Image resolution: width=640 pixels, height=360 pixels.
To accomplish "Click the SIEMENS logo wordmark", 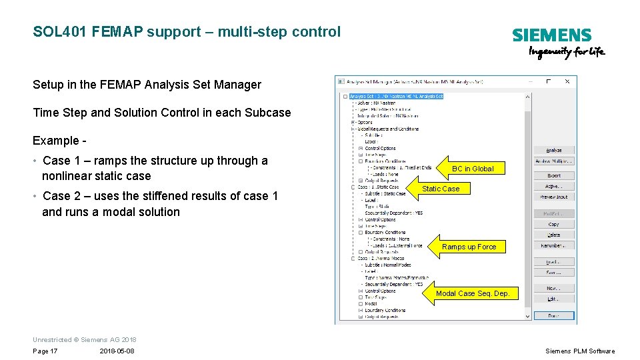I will (551, 36).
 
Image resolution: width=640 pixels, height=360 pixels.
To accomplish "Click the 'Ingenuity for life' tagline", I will (567, 53).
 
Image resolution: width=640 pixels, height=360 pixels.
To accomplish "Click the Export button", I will (553, 176).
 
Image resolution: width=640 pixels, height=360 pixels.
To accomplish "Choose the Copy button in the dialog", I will (553, 225).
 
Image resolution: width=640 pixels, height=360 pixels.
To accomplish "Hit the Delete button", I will (553, 235).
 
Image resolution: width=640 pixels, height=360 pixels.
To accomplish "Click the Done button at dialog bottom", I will (553, 315).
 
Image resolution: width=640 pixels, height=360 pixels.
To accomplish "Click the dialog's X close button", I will (567, 81).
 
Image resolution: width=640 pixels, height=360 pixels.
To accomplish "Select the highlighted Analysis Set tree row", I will (396, 96).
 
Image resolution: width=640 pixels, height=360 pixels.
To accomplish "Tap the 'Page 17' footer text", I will (45, 351).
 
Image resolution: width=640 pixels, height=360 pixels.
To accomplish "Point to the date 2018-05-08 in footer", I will (117, 351).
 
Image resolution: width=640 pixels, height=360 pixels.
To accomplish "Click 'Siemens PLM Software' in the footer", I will (580, 351).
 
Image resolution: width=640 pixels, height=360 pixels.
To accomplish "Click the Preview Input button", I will (553, 197).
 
